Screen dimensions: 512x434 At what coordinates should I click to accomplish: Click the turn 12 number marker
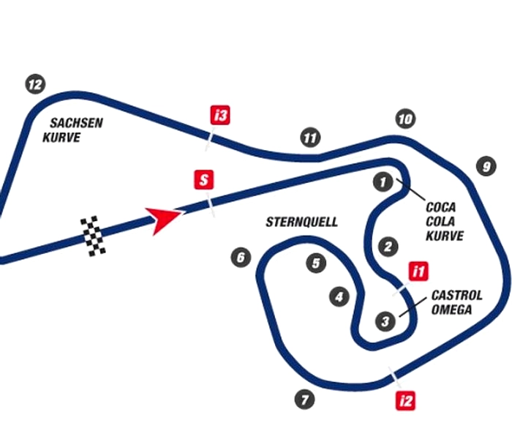(35, 84)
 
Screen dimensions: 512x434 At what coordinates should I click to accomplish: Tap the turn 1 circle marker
(383, 182)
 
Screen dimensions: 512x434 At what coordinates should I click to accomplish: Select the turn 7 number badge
(305, 400)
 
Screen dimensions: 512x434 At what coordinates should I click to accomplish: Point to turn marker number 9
(486, 166)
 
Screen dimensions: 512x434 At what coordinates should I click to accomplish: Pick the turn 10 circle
(405, 119)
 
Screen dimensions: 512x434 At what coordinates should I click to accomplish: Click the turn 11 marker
(310, 138)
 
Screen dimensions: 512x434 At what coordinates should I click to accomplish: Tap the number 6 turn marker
(241, 257)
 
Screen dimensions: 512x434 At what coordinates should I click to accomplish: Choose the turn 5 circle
(316, 263)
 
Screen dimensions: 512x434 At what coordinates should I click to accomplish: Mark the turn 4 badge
(339, 296)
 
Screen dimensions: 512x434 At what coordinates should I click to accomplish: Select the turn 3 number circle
(385, 321)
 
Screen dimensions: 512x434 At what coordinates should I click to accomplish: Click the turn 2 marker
(388, 247)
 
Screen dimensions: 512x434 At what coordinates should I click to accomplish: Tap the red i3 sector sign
(220, 115)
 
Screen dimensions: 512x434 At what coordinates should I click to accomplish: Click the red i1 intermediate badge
(418, 271)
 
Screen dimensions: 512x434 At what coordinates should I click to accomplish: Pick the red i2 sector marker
(405, 400)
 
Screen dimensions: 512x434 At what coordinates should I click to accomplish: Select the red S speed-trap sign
(204, 180)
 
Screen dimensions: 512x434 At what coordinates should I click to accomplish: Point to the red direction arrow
(163, 220)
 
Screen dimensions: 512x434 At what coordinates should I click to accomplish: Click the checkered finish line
(94, 236)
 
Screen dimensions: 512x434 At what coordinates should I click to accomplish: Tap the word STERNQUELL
(301, 222)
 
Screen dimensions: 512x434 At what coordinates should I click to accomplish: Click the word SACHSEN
(76, 123)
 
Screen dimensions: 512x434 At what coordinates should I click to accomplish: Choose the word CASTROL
(457, 296)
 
